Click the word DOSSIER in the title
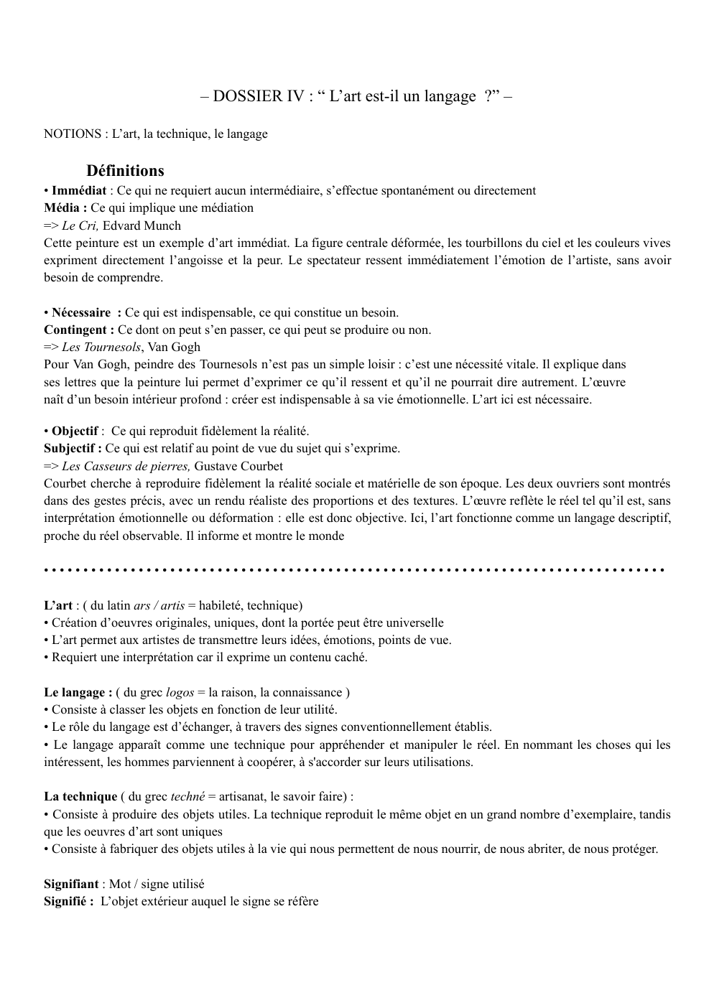coord(249,96)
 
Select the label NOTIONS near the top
coord(73,134)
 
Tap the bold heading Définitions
coord(125,171)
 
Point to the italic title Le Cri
coord(80,225)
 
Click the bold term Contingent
coord(78,330)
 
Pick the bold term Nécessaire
coord(81,313)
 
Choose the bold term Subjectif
coord(73,449)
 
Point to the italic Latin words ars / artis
coord(159,606)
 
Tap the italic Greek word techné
coord(187,797)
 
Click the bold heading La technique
coord(80,797)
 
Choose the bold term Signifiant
coord(71,885)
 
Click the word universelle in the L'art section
coord(410,623)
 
